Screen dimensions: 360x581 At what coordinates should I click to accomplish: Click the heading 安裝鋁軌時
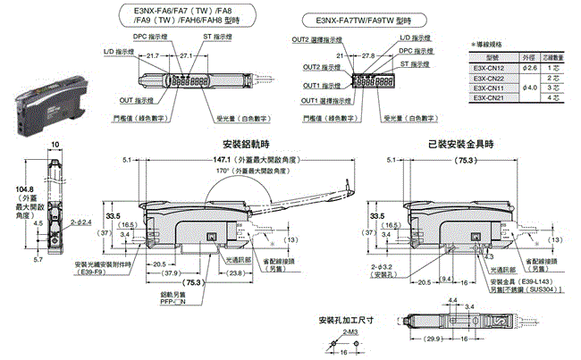coord(246,144)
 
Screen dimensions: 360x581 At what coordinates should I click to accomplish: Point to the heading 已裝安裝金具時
coord(460,144)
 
